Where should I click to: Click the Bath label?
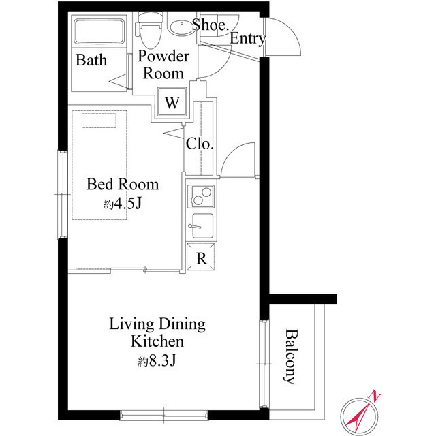click(x=91, y=61)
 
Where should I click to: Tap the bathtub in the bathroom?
click(x=99, y=32)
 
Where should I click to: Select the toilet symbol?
click(x=146, y=27)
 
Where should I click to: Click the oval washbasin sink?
click(x=181, y=28)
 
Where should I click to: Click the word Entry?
click(x=247, y=39)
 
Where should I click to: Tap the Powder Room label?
click(x=163, y=65)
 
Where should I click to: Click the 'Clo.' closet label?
click(x=200, y=144)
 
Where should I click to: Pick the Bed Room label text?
click(x=123, y=184)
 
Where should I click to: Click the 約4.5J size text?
click(x=123, y=204)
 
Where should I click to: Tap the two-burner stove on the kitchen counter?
click(x=202, y=196)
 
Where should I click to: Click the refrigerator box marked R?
click(x=201, y=258)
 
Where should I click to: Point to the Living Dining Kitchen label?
click(x=157, y=332)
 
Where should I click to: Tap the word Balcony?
click(x=291, y=358)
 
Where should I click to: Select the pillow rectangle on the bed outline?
click(x=100, y=121)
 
